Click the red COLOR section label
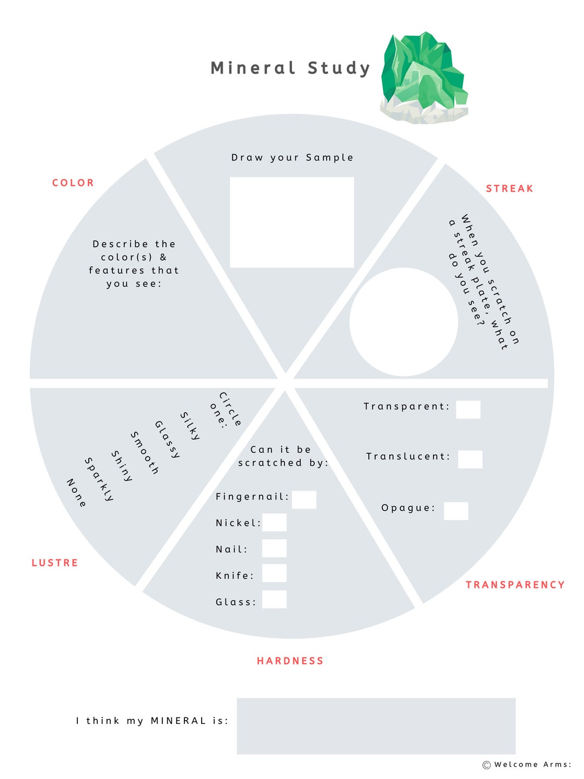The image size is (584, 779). point(73,183)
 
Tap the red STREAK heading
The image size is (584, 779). point(509,189)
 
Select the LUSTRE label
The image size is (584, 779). point(55,563)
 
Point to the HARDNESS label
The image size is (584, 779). point(290,661)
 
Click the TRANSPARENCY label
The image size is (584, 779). point(515,585)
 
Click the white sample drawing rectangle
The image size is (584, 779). point(292,222)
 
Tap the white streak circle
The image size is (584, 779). point(404,322)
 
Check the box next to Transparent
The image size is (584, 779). point(468,410)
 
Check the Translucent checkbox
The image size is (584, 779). point(470,459)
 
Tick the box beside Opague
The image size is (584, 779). point(456,511)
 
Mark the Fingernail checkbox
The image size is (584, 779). point(304,500)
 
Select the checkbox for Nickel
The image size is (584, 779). point(274,523)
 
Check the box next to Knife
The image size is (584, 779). point(274,573)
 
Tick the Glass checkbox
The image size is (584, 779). point(274,599)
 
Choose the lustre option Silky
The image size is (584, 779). point(190,426)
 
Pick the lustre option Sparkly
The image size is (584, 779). point(99,479)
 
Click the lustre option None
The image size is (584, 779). point(76,493)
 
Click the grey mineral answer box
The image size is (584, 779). point(376,726)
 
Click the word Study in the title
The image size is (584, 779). point(339,68)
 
